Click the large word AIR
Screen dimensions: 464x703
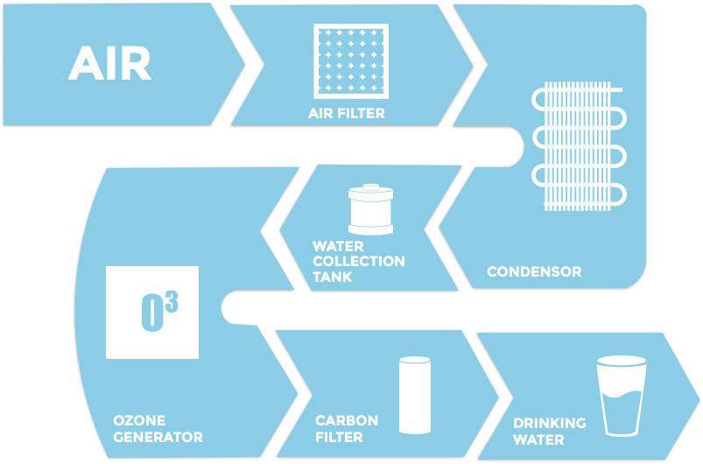[109, 63]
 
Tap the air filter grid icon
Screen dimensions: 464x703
[350, 61]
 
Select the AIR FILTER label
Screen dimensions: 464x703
[346, 113]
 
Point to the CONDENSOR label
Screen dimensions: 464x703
[533, 271]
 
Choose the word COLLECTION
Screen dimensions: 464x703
[358, 261]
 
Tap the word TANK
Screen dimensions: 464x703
[332, 277]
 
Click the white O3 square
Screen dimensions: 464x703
[152, 313]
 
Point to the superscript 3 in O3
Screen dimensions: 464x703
[171, 303]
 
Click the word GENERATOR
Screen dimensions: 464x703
[158, 437]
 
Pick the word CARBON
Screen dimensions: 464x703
[347, 421]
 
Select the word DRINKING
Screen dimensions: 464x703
[549, 424]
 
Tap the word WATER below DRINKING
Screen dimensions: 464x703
[538, 439]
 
